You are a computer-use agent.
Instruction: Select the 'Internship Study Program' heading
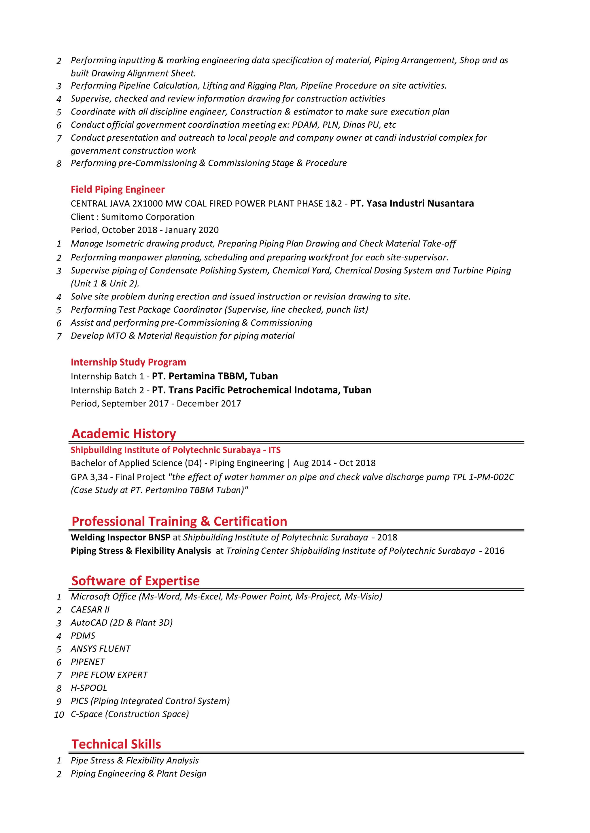pos(128,362)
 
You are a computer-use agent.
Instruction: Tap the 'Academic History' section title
pos(124,433)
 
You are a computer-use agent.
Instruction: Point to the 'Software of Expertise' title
pos(135,581)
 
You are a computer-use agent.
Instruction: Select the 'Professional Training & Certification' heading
pos(179,521)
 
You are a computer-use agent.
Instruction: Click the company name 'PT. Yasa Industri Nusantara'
pos(412,204)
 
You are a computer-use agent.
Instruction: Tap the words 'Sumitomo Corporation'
pos(147,217)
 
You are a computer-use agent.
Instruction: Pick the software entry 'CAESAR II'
pos(90,610)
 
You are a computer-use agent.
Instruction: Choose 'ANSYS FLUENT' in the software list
pos(101,649)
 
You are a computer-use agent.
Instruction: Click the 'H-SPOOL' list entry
pos(89,688)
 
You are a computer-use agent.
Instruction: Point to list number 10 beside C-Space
pos(59,715)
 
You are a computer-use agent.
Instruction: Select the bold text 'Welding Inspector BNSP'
pos(120,537)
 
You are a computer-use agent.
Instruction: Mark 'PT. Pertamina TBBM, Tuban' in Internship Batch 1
pos(215,376)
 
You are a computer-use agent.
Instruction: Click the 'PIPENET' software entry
pos(88,662)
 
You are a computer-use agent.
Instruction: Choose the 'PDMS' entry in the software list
pos(83,636)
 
